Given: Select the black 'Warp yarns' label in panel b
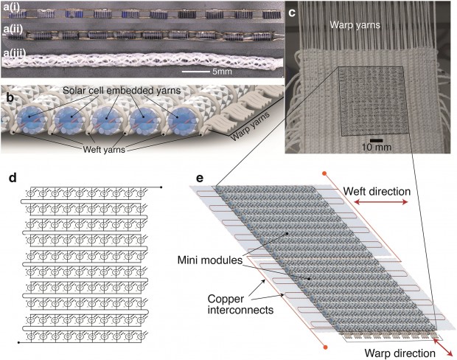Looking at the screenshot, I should [x=246, y=136].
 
